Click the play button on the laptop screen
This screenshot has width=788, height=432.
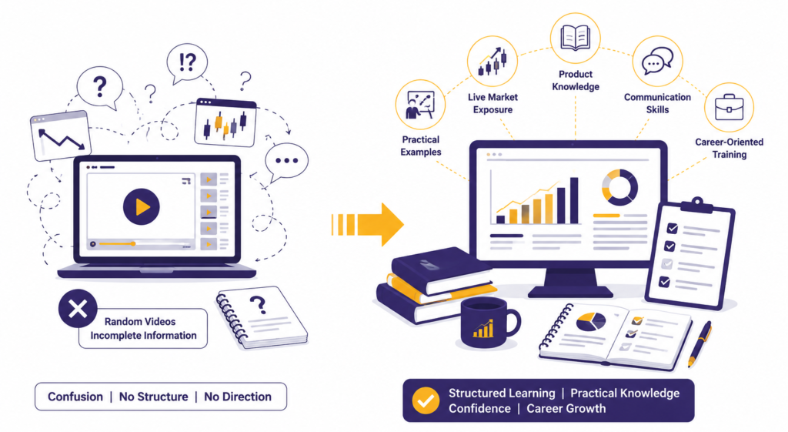142,206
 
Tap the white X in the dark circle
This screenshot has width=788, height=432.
78,309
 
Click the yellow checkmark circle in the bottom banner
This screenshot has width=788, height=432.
426,400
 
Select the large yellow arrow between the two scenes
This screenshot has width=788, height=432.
367,224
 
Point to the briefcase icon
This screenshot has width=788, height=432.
730,108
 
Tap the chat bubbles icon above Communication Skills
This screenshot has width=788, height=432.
657,61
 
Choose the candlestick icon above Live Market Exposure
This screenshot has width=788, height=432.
492,62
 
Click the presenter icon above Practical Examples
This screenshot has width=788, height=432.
420,105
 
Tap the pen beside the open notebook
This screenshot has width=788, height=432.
700,343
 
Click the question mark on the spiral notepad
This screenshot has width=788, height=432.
258,303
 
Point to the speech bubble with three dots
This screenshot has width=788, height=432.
286,162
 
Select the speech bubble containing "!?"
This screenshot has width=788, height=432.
187,64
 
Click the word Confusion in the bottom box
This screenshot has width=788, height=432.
75,397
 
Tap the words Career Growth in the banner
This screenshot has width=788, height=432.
566,408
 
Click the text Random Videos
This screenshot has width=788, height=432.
140,321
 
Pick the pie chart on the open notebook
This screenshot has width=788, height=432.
590,321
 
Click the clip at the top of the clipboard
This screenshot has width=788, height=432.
696,205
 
